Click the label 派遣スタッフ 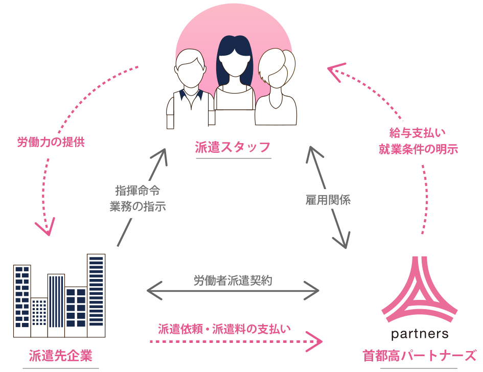233,148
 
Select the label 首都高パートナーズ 419,356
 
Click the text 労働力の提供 51,142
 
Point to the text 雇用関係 328,200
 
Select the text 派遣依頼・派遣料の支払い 224,329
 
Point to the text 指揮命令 137,192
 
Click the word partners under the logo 419,335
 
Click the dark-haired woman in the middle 234,77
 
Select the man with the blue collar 190,92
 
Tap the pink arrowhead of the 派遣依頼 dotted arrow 317,341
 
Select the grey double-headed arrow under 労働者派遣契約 233,291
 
